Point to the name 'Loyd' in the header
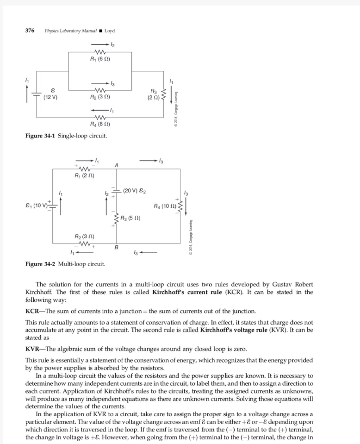(x=110, y=31)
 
